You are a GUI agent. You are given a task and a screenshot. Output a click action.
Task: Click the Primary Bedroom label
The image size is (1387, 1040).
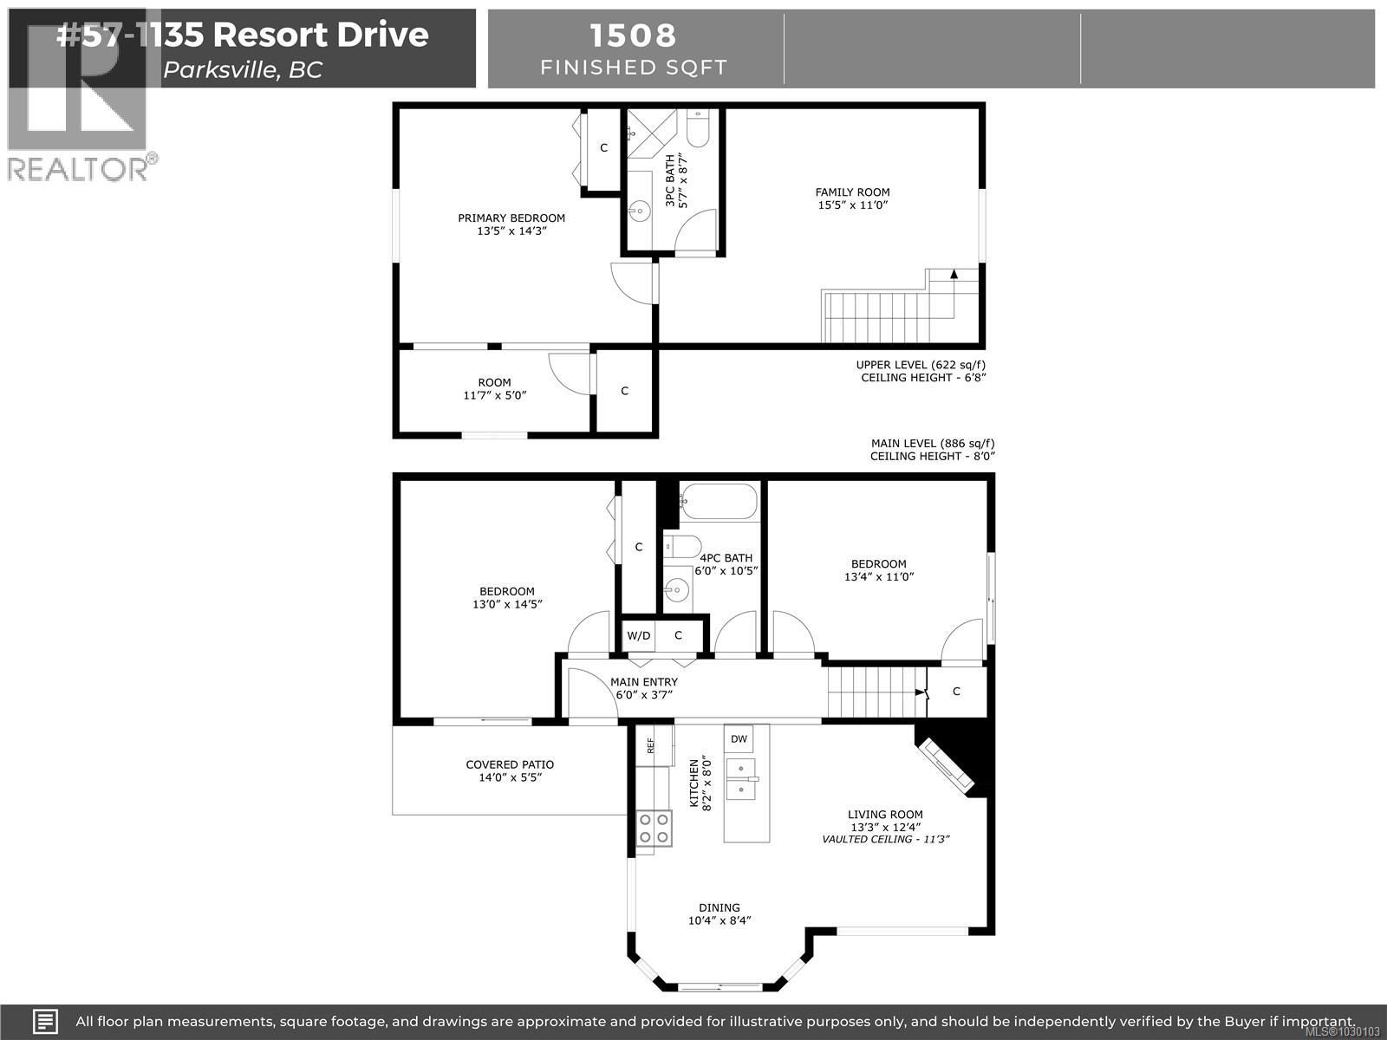511,218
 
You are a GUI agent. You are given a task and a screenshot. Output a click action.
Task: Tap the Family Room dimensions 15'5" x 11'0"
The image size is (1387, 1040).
852,205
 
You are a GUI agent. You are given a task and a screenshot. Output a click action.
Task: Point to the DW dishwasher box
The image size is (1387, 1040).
739,739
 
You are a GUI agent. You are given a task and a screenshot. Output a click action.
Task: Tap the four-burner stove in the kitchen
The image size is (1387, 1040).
654,827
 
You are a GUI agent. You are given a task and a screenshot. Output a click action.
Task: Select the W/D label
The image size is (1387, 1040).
639,635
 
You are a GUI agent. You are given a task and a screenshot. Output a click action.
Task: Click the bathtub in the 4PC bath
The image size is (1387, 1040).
719,501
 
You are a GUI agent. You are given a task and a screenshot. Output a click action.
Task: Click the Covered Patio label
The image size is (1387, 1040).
510,764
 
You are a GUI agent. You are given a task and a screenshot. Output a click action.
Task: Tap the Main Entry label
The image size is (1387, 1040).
643,682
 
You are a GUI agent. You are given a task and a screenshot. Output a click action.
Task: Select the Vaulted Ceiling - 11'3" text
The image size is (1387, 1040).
885,839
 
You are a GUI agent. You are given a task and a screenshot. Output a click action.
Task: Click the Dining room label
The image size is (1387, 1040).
720,907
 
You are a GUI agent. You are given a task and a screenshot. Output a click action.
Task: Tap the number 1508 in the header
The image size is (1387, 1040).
633,36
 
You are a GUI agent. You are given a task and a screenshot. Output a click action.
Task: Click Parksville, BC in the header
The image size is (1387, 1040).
243,70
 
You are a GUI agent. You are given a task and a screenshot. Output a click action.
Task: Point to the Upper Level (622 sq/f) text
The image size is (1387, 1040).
921,365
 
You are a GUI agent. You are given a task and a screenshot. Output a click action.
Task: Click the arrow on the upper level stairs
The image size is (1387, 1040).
954,275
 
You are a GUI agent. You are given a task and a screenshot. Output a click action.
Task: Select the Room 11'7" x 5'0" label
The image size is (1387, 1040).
494,388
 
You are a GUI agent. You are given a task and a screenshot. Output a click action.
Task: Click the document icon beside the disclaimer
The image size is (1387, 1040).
45,1021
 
